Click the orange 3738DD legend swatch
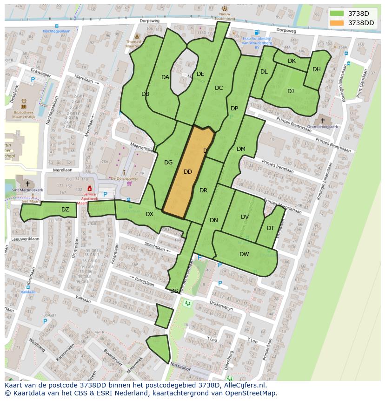coord(337,23)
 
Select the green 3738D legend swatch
coord(337,14)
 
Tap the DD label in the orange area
coord(188,172)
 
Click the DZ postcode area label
coord(65,210)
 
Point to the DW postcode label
coord(244,254)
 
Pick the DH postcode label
coord(317,69)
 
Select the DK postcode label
coord(292,61)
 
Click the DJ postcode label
coord(291,91)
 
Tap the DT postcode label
coord(271,228)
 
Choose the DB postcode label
coord(145,94)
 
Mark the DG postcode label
coord(168,163)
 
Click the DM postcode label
coord(241,149)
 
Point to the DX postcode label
coord(149,214)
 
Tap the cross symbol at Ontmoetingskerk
coord(322,120)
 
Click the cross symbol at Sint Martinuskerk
coord(28,184)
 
